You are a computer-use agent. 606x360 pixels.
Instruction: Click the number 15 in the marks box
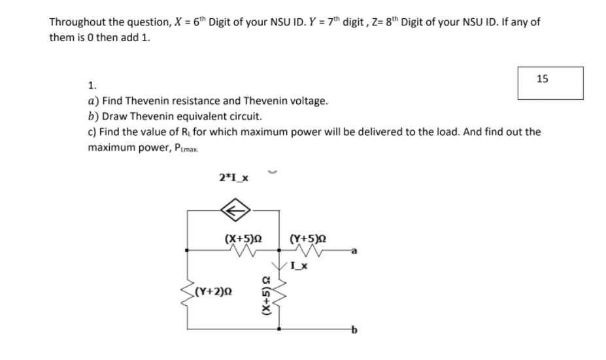coord(542,79)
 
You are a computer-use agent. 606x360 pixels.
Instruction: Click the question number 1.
coord(92,85)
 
